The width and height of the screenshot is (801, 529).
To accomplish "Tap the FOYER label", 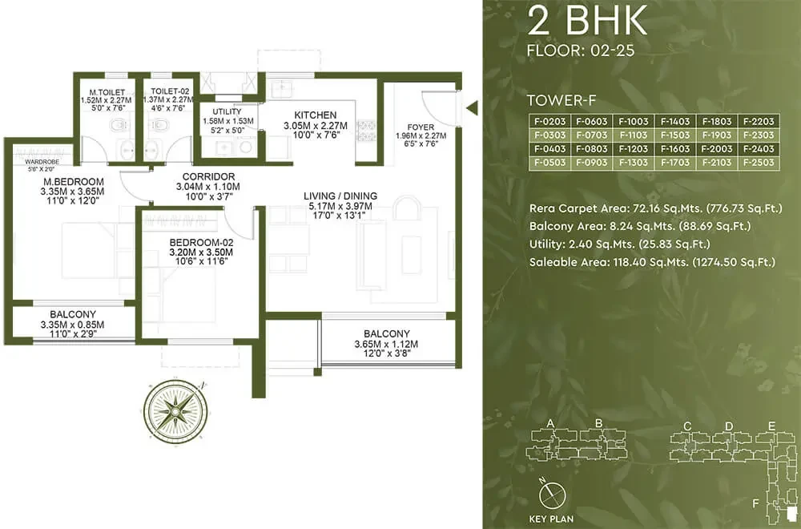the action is (x=421, y=127).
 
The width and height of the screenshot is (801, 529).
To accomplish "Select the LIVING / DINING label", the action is (x=340, y=196).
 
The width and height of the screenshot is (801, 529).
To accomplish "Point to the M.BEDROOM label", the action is (x=74, y=181).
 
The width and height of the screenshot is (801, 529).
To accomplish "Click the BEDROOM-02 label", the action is (x=201, y=242).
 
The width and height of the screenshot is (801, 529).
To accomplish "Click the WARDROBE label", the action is (x=42, y=162).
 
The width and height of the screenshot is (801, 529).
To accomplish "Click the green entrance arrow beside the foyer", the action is (x=473, y=108).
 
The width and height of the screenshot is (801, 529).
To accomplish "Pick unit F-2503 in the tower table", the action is (x=759, y=163).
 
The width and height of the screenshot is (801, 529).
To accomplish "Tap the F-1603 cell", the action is (x=674, y=149).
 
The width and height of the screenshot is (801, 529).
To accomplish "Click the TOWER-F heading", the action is (x=562, y=100).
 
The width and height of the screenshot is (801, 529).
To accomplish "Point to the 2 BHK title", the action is (x=587, y=22).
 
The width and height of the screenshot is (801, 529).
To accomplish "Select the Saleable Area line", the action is (x=652, y=262).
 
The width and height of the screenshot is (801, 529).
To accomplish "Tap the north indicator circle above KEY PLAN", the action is (x=552, y=495).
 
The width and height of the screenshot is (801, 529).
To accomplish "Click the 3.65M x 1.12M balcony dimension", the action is (x=386, y=344).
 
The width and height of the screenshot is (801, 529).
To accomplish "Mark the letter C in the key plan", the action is (x=687, y=426).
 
